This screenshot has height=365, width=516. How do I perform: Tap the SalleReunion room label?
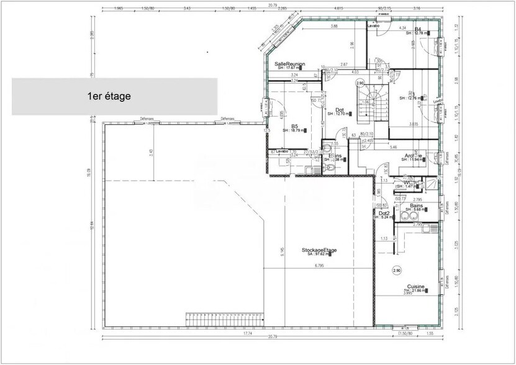[289, 64]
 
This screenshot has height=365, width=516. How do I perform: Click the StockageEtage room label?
[319, 250]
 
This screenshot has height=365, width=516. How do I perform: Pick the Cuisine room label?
[407, 286]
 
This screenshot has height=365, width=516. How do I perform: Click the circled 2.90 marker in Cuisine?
[397, 271]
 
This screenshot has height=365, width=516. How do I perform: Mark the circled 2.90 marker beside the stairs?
[360, 83]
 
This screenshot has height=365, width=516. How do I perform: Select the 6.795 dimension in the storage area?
[320, 266]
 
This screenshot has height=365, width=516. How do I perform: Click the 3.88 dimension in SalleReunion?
[335, 27]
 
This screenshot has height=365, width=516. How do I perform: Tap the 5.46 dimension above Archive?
[393, 148]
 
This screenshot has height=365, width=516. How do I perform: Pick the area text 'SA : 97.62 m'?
[319, 255]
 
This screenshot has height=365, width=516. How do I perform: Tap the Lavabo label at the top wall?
[373, 26]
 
